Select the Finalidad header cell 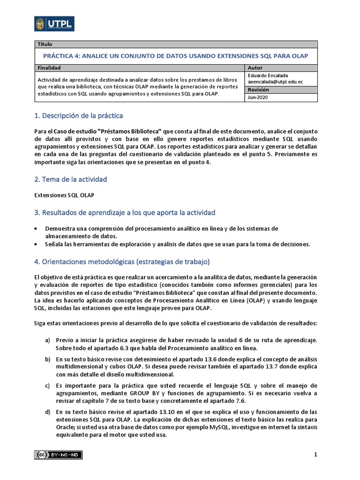click(49, 68)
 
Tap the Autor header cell click(255, 68)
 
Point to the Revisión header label click(258, 90)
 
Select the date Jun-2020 click(258, 97)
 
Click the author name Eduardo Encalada click(268, 75)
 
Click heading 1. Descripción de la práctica click(79, 115)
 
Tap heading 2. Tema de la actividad click(71, 179)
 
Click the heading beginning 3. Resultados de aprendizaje click(125, 212)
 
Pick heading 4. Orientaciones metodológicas click(122, 261)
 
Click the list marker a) click(47, 339)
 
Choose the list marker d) click(47, 412)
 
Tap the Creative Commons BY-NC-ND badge click(58, 454)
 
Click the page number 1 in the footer click(315, 455)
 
